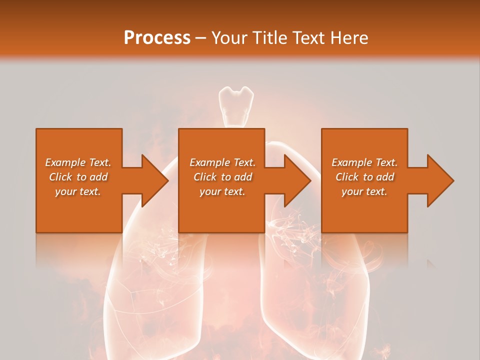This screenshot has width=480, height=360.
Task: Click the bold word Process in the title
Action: point(157,38)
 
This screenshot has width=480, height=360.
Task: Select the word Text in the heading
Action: point(309,38)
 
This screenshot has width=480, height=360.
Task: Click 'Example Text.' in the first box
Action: point(78,162)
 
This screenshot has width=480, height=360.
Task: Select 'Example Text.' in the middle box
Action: point(222,162)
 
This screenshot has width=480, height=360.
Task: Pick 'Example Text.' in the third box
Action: point(364,162)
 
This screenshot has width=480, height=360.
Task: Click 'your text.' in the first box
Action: point(78,191)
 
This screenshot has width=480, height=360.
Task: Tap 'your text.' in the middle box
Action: point(222,191)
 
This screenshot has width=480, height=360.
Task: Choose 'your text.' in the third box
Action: point(364,191)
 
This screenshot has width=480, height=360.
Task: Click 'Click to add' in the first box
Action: point(78,177)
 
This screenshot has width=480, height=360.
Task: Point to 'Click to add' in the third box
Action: point(364,177)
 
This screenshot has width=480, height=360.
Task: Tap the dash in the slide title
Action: point(201,38)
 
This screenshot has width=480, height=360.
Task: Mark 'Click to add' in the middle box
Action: point(222,177)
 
